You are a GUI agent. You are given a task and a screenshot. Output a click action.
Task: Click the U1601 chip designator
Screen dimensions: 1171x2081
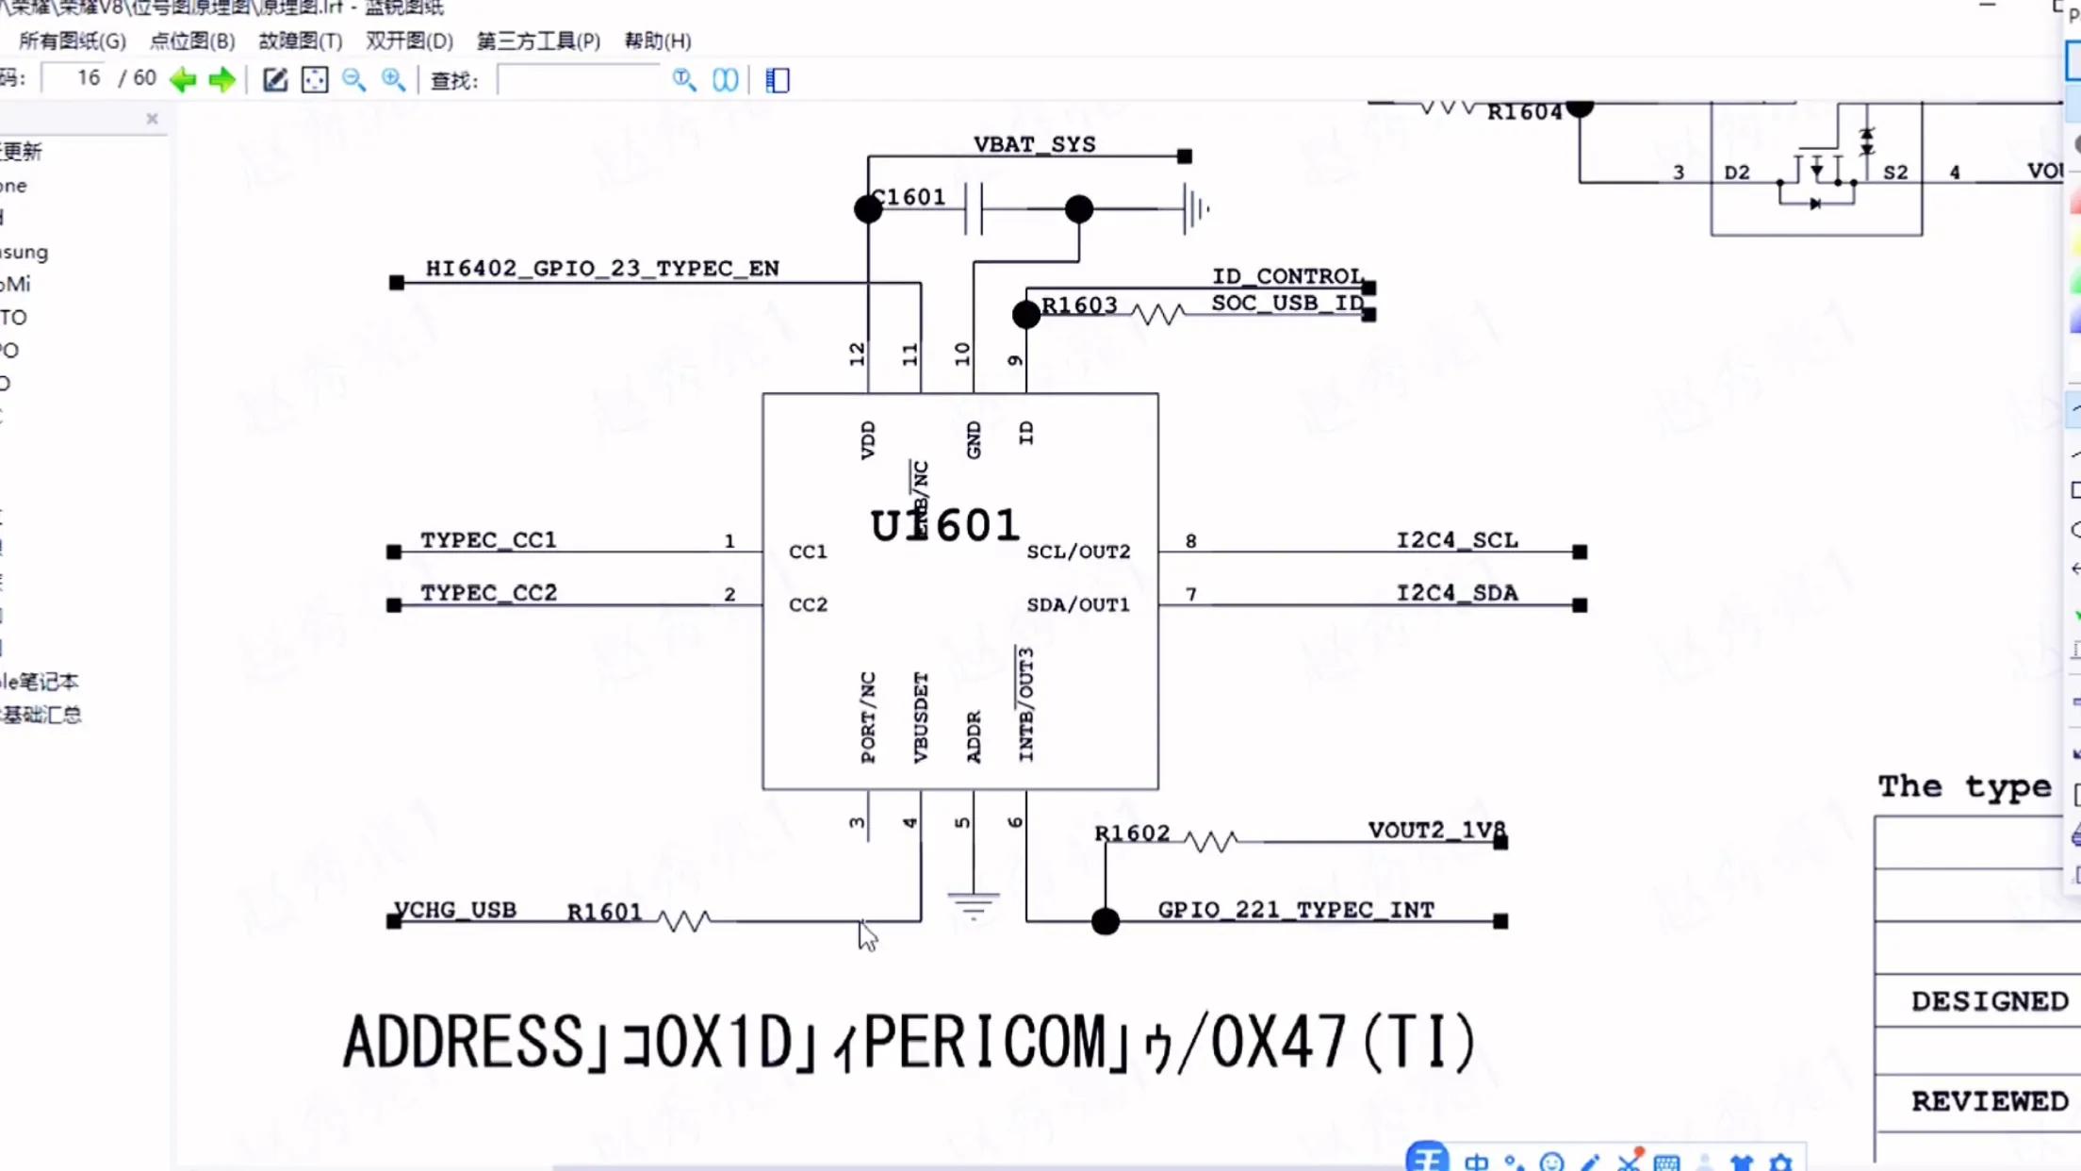pyautogui.click(x=944, y=525)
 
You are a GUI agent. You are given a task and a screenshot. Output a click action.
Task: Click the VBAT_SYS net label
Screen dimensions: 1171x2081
pyautogui.click(x=1034, y=144)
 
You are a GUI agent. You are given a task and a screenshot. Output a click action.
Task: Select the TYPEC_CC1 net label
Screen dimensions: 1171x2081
pyautogui.click(x=488, y=540)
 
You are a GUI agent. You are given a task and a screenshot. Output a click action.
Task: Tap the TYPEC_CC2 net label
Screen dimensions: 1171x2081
pyautogui.click(x=488, y=593)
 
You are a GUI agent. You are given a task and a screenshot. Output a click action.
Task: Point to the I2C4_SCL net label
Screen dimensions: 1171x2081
pyautogui.click(x=1457, y=540)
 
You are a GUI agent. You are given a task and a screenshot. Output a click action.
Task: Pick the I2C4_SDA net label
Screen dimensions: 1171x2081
pyautogui.click(x=1457, y=593)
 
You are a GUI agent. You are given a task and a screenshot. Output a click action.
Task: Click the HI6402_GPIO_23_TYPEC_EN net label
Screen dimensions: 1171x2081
pyautogui.click(x=602, y=269)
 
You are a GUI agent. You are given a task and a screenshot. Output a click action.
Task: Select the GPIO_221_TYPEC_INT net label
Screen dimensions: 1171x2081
pyautogui.click(x=1296, y=910)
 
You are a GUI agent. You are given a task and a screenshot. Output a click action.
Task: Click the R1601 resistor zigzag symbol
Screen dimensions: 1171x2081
pyautogui.click(x=685, y=920)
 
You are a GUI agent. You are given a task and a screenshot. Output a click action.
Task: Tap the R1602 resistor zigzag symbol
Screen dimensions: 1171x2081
pyautogui.click(x=1210, y=841)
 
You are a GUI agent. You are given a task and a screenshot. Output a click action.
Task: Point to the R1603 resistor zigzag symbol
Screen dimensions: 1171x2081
pyautogui.click(x=1157, y=314)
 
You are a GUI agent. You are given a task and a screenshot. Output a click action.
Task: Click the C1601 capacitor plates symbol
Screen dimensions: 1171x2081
pyautogui.click(x=974, y=208)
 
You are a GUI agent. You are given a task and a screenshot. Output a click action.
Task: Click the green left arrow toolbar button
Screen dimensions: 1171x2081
pyautogui.click(x=183, y=80)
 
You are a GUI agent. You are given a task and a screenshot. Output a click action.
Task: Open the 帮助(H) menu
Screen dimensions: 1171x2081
pyautogui.click(x=657, y=41)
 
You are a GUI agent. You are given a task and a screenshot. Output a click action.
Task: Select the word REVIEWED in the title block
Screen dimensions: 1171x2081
pyautogui.click(x=1989, y=1101)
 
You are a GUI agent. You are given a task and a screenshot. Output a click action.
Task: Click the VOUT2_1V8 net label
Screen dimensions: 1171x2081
pyautogui.click(x=1436, y=830)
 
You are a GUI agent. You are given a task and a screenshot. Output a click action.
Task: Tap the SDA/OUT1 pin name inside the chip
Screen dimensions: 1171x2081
pyautogui.click(x=1078, y=604)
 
